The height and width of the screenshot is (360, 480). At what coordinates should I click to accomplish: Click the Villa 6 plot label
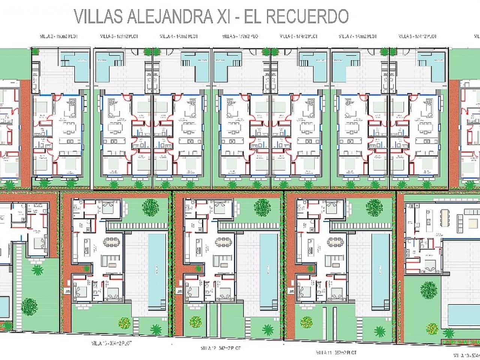(x=299, y=36)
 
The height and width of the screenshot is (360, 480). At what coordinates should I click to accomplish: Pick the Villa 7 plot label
(x=357, y=36)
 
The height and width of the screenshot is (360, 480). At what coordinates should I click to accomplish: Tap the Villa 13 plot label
(x=111, y=343)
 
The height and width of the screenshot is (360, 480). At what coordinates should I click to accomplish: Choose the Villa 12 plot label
(x=220, y=348)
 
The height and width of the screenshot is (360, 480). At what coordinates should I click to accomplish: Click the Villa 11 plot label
(x=336, y=352)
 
